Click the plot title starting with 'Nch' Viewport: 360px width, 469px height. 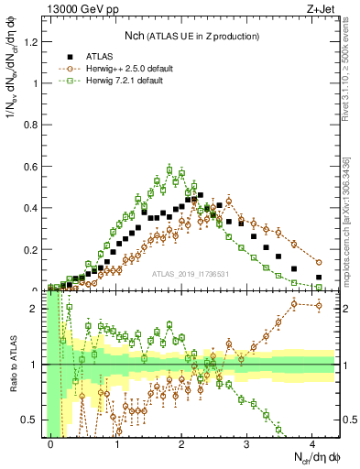coord(191,36)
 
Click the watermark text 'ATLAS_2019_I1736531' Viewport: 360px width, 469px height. coord(191,273)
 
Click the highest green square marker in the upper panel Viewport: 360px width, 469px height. coord(169,168)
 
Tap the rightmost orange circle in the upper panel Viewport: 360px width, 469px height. coord(319,262)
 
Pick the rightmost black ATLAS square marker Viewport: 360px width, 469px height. coord(319,277)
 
